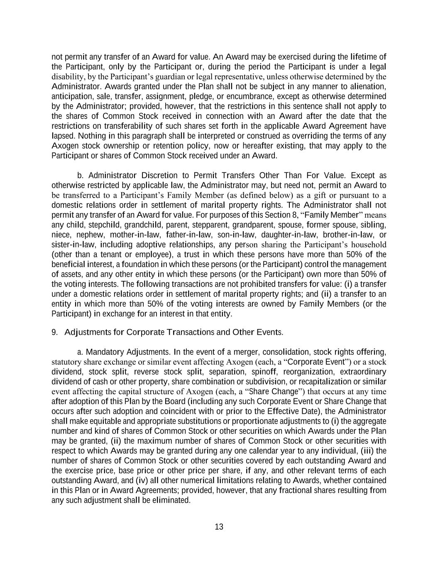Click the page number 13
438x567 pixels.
[x=219, y=527]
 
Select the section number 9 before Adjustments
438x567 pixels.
[x=54, y=332]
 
